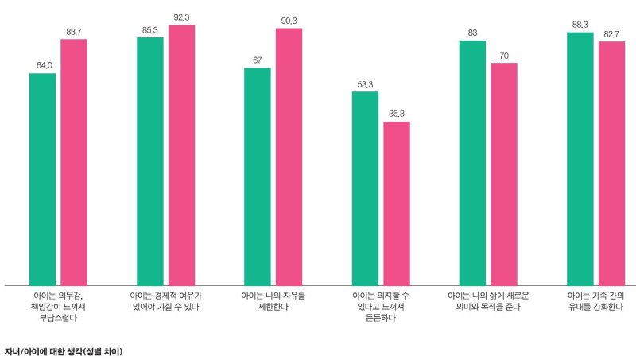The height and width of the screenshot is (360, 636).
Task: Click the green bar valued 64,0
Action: pyautogui.click(x=42, y=179)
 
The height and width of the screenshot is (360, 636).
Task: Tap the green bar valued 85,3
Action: pyautogui.click(x=149, y=161)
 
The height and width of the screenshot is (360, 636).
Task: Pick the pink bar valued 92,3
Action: pyautogui.click(x=182, y=155)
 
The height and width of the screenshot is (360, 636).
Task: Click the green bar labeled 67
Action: pyautogui.click(x=258, y=176)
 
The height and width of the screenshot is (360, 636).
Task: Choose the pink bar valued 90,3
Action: pyautogui.click(x=289, y=157)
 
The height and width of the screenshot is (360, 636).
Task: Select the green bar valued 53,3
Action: pyautogui.click(x=365, y=188)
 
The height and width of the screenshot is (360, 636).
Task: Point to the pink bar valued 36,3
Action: pyautogui.click(x=397, y=203)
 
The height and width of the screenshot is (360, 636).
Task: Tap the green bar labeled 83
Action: pyautogui.click(x=472, y=163)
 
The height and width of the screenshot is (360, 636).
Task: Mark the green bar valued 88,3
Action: pyautogui.click(x=580, y=158)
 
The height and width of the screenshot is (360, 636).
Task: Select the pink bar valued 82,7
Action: pyautogui.click(x=611, y=163)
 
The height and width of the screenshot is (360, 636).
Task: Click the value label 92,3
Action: pyautogui.click(x=182, y=17)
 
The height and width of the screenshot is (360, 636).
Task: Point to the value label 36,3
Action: pyautogui.click(x=397, y=114)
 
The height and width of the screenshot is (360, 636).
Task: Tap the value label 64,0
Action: pyautogui.click(x=43, y=65)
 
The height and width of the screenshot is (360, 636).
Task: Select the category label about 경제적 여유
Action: pyautogui.click(x=165, y=300)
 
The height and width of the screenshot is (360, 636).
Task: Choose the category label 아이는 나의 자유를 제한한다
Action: pyautogui.click(x=273, y=300)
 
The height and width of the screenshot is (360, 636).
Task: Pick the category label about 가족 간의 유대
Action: pyautogui.click(x=595, y=300)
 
